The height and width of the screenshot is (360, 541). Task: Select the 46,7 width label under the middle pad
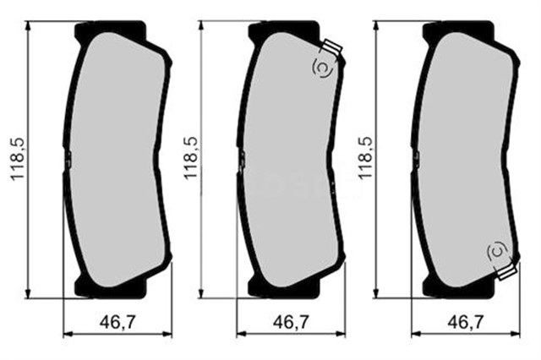click(292, 321)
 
